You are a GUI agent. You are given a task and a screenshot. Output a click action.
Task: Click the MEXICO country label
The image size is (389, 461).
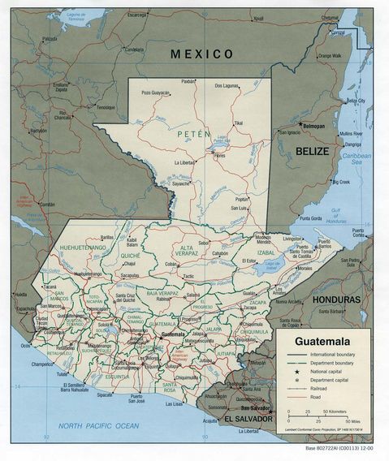pyautogui.click(x=201, y=54)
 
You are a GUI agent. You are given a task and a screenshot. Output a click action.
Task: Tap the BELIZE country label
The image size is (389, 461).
pyautogui.click(x=312, y=151)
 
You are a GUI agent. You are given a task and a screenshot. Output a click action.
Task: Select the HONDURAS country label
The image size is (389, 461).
pyautogui.click(x=335, y=299)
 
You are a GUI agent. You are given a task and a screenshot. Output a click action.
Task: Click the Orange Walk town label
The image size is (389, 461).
pyautogui.click(x=330, y=55)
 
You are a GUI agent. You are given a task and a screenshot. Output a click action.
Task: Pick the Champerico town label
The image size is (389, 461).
pyautogui.click(x=47, y=365)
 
